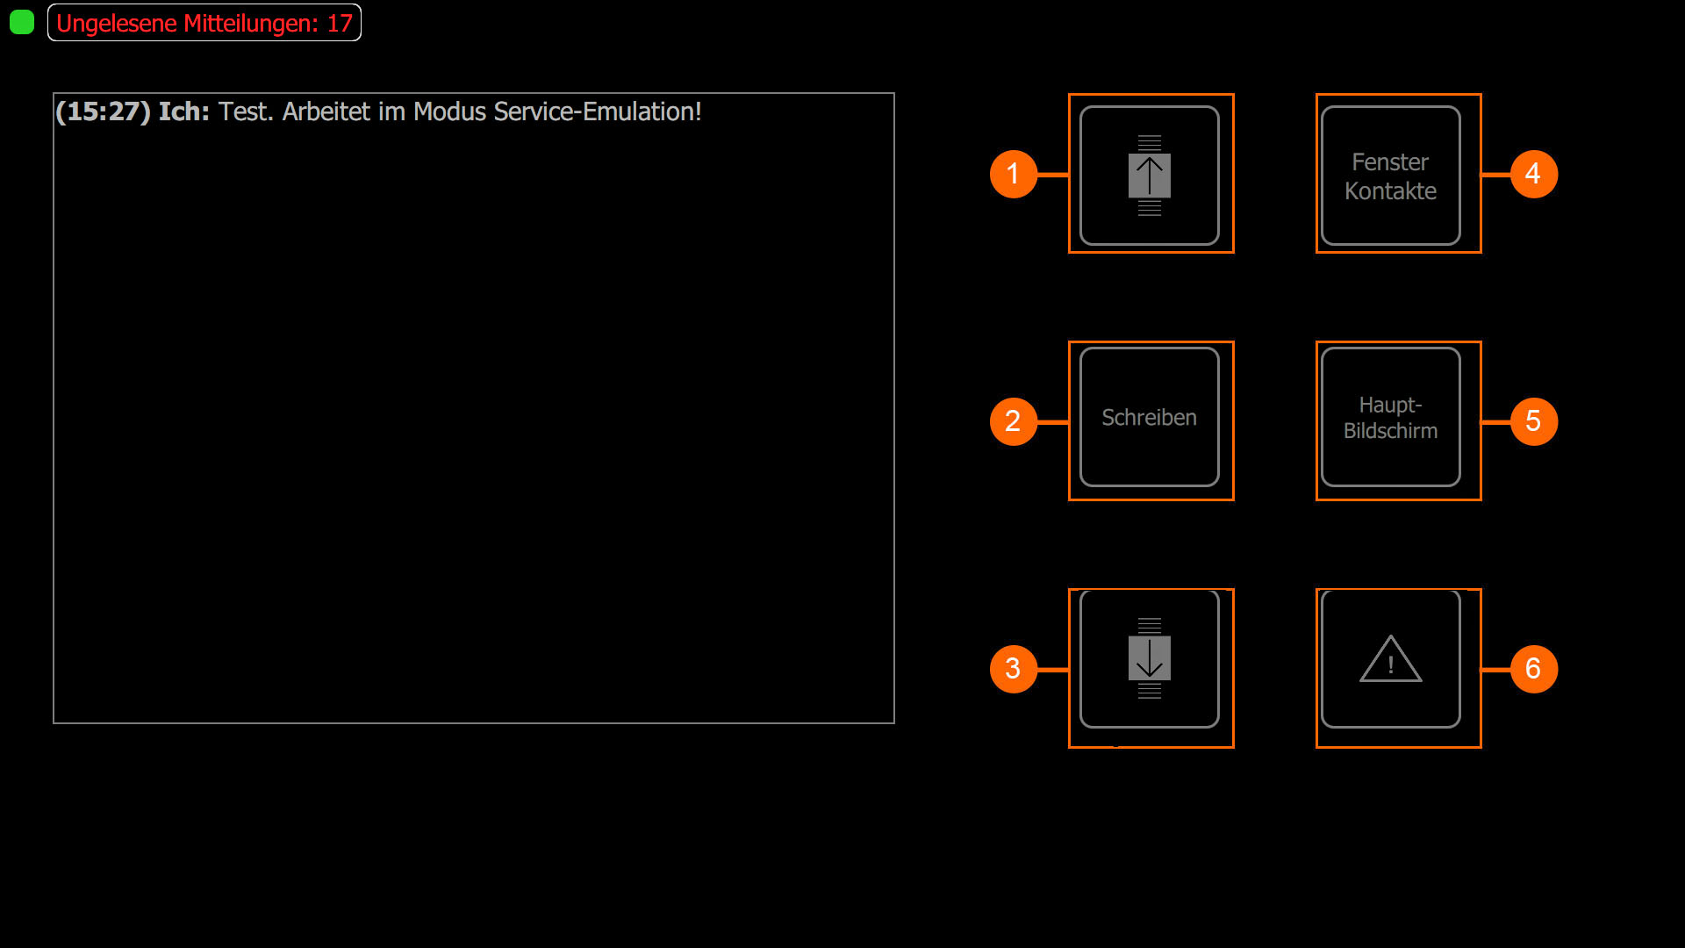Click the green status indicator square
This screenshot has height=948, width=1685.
22,22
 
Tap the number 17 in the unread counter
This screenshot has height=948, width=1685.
340,24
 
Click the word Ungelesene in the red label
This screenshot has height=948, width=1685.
117,24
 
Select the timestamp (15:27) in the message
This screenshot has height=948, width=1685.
103,112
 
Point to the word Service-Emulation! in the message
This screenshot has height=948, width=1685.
598,112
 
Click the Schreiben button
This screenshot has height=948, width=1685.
1149,418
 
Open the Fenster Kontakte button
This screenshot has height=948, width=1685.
1390,176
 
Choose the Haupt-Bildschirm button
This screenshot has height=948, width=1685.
1390,418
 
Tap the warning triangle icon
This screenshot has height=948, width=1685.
1390,660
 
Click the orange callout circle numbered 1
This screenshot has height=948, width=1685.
1014,174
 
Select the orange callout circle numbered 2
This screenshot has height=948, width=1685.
1014,421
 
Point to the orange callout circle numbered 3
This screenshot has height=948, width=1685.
1014,669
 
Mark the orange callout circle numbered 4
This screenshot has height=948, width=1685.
1533,174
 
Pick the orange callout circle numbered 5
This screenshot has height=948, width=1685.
1533,421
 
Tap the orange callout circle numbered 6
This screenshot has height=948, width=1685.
1533,669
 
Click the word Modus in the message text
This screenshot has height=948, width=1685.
449,112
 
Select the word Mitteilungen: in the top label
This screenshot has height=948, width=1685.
251,24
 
